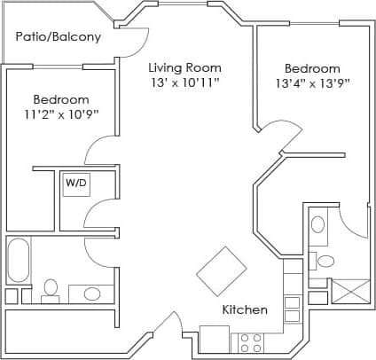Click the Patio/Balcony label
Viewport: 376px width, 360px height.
point(58,38)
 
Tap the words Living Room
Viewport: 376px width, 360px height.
point(184,68)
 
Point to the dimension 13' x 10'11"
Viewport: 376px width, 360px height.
point(184,83)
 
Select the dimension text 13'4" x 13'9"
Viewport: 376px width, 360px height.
point(312,84)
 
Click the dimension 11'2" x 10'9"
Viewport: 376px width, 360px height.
point(61,114)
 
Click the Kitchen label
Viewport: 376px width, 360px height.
point(244,310)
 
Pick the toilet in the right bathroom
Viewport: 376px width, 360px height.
point(326,260)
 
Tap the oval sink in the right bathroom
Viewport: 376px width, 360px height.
point(317,224)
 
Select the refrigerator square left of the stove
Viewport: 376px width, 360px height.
point(215,340)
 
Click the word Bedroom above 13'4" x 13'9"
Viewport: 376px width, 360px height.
point(312,69)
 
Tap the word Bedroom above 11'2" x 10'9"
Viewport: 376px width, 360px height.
point(61,99)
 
